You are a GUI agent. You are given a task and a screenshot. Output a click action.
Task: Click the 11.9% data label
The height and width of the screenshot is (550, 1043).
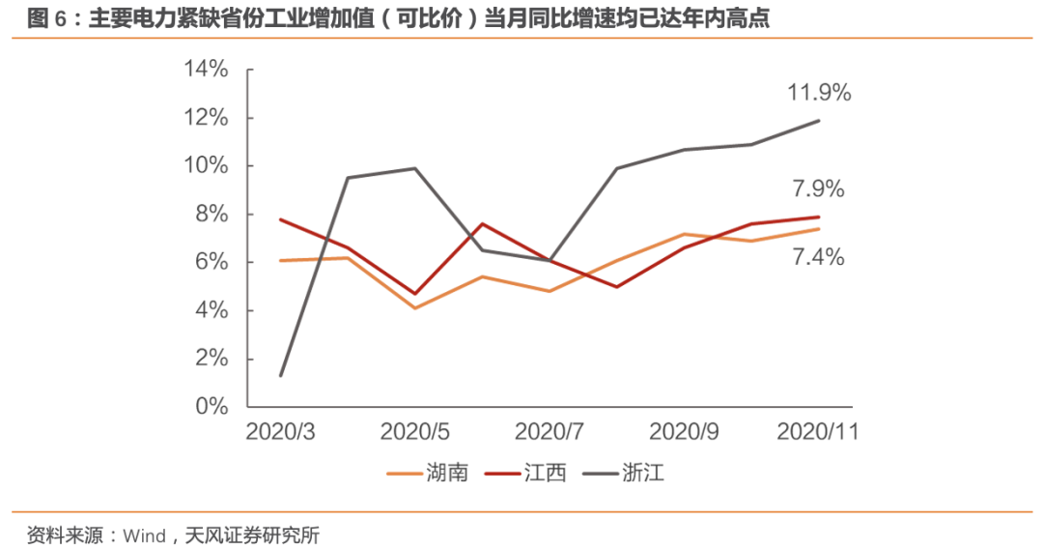[819, 94]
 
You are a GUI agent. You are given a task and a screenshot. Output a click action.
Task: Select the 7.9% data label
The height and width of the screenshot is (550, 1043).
[819, 189]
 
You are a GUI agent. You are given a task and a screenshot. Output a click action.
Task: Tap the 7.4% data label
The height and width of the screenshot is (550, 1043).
[819, 257]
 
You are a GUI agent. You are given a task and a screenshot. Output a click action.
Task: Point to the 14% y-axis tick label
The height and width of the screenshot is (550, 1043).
[206, 70]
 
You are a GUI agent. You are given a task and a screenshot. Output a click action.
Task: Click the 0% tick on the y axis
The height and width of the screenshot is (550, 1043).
[211, 407]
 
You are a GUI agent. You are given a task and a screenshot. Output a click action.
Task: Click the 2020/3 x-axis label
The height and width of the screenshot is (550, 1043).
[280, 431]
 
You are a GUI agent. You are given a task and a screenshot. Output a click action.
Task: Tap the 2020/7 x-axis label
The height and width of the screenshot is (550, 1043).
[550, 431]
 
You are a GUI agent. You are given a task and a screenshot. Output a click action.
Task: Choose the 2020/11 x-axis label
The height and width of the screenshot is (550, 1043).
[819, 431]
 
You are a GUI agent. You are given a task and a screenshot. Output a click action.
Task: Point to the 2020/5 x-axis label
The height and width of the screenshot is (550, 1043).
[415, 431]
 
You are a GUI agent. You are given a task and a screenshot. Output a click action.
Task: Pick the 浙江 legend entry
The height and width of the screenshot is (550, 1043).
[643, 474]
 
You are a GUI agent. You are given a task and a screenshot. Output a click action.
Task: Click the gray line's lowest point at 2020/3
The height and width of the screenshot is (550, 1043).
[280, 375]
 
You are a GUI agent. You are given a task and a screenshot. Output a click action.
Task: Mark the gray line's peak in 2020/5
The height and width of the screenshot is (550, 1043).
[415, 168]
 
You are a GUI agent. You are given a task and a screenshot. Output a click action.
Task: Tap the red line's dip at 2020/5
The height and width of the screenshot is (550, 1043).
[415, 294]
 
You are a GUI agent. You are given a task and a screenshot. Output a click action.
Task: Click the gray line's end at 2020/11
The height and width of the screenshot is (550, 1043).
[819, 121]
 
